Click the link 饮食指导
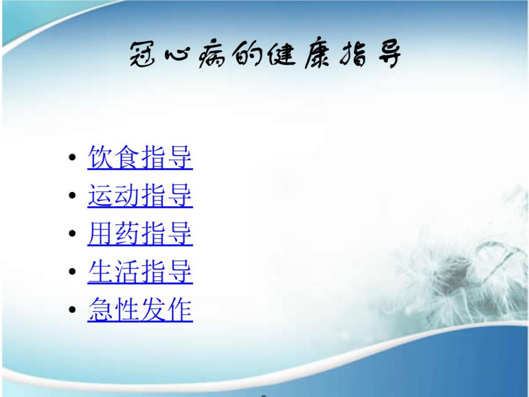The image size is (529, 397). click(140, 157)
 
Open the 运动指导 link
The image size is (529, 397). click(140, 195)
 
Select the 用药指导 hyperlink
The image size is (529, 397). click(140, 234)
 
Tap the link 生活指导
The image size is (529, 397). click(140, 272)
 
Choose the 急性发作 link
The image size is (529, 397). click(140, 309)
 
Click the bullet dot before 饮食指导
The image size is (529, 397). click(72, 157)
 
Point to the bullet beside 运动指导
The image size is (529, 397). click(72, 195)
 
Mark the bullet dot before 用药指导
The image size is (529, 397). click(72, 234)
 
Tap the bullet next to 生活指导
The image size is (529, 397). click(72, 272)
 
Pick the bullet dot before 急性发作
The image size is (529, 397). click(72, 309)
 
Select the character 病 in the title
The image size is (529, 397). click(212, 55)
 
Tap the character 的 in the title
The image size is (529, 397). click(247, 55)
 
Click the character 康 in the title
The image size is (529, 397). click(317, 55)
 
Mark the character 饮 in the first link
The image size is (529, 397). click(100, 157)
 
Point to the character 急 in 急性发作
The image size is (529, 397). click(100, 309)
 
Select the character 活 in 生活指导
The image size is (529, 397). click(127, 272)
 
